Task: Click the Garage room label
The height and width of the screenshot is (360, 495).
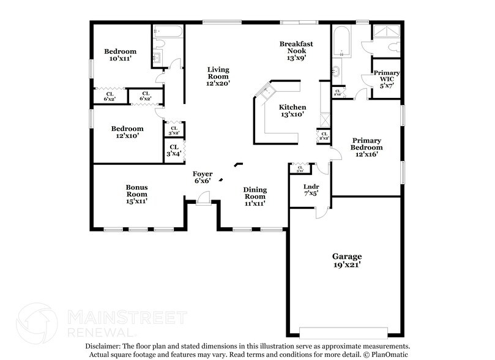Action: pos(347,261)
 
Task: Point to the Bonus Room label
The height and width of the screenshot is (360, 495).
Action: pos(137,194)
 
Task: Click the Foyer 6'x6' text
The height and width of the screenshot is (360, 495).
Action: pos(203,178)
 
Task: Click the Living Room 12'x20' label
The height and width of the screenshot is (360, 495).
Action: pos(217,76)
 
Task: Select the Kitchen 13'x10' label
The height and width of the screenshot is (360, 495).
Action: pos(292,111)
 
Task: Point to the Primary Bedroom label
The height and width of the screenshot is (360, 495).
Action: pos(367,147)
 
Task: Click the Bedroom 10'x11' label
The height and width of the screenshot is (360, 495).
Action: pos(120,54)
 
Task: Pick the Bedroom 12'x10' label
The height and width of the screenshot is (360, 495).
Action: pos(127,132)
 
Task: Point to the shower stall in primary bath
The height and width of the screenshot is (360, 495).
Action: pos(386,33)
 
